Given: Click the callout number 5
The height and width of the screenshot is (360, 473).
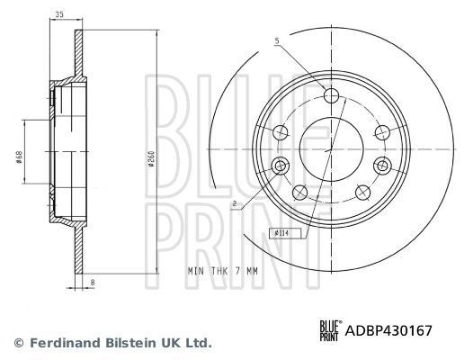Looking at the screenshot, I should pos(277,40).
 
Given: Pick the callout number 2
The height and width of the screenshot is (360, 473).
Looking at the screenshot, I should pos(234,204).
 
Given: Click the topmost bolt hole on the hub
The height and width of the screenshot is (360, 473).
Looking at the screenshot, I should pos(330,95).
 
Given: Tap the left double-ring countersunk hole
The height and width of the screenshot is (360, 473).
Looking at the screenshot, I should pos(280,166).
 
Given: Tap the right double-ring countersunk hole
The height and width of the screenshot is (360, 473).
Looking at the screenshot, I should pos(381,166).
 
